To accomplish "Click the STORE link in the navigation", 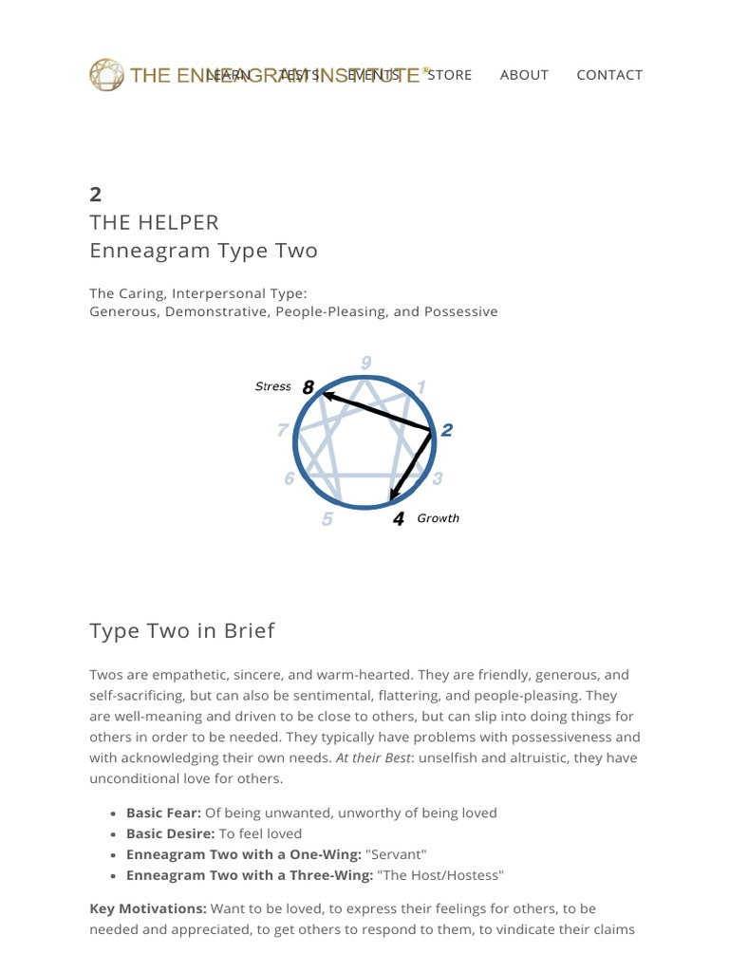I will pyautogui.click(x=450, y=75).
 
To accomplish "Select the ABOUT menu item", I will pyautogui.click(x=524, y=75).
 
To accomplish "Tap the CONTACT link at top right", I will pyautogui.click(x=609, y=75).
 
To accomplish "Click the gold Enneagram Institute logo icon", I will pyautogui.click(x=106, y=75).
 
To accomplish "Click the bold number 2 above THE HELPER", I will pyautogui.click(x=95, y=195).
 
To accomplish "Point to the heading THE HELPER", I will pyautogui.click(x=154, y=223).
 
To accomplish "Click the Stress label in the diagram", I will pyautogui.click(x=273, y=386).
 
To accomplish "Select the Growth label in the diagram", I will pyautogui.click(x=439, y=518).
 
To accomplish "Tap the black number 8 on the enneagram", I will pyautogui.click(x=308, y=387).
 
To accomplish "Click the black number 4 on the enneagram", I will pyautogui.click(x=399, y=519).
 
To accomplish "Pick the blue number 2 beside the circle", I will pyautogui.click(x=447, y=430).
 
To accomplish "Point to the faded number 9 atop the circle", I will pyautogui.click(x=366, y=362).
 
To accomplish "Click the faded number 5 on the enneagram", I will pyautogui.click(x=327, y=519).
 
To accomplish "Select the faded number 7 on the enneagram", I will pyautogui.click(x=282, y=431).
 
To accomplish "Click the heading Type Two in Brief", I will pyautogui.click(x=182, y=631).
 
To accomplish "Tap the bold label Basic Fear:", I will pyautogui.click(x=163, y=813).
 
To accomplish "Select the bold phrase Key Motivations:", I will pyautogui.click(x=148, y=909).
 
